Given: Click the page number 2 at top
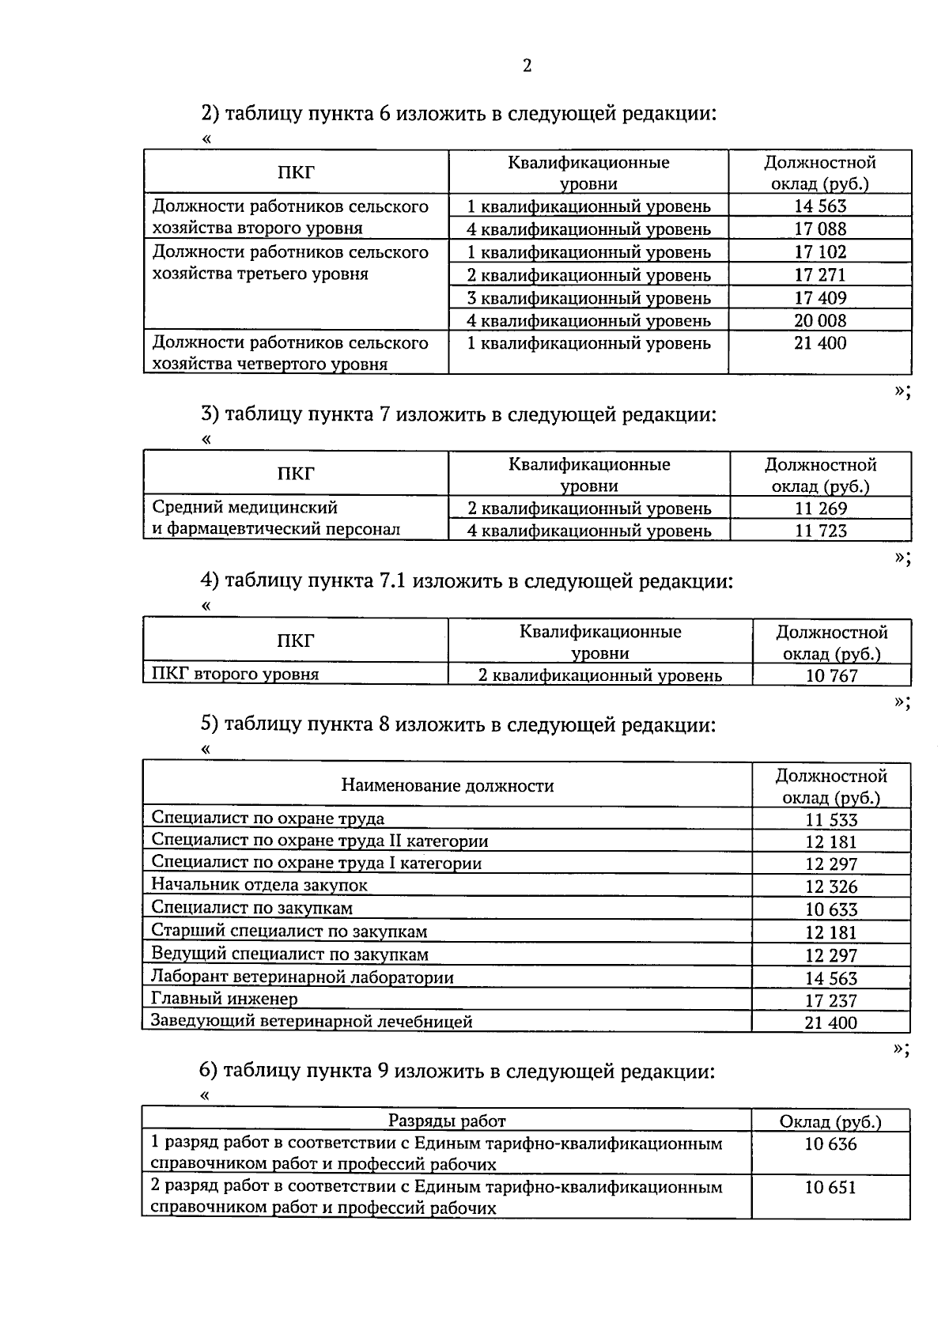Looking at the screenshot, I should pos(527,66).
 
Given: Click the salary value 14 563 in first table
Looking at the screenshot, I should pos(820,206).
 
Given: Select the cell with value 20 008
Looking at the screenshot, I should pos(820,320).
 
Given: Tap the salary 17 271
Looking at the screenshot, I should pos(820,275).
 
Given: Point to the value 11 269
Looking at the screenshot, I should pos(821,508).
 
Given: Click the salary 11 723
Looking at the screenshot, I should pos(821,531).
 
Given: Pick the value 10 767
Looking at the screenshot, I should pos(831,675).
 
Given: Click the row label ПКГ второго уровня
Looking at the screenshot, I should pos(236,674).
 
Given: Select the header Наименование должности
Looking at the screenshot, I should pos(448,785).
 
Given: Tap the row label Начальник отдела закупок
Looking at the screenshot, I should pos(259,885).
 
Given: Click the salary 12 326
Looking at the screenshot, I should pos(831,886).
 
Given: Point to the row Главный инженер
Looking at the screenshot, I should pos(225,999).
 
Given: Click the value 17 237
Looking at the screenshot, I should pos(831,1000).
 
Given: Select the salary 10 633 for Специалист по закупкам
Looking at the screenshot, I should pos(831,909).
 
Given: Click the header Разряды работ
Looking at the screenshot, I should pos(447,1121).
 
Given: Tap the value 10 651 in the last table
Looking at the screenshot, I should pos(830,1187).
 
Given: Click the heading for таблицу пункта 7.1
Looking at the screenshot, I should pos(467,581).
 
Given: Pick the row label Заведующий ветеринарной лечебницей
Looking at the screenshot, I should pos(312,1021).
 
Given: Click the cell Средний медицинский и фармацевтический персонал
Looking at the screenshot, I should pos(276,518).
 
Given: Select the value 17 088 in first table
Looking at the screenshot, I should pos(820,229).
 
